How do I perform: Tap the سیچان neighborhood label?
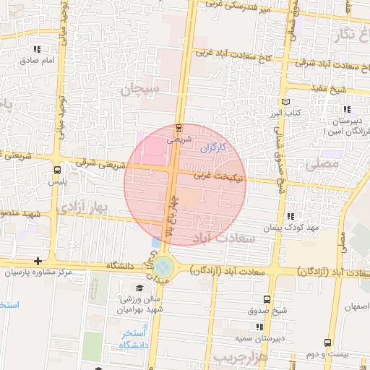[x=138, y=91]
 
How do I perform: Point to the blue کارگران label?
[x=213, y=147]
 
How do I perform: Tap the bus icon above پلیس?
[x=57, y=169]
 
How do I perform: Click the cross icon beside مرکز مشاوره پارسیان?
[x=38, y=262]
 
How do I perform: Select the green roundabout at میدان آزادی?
[x=163, y=267]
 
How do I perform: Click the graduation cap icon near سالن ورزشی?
[x=96, y=286]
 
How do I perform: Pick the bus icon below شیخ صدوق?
[x=267, y=299]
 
